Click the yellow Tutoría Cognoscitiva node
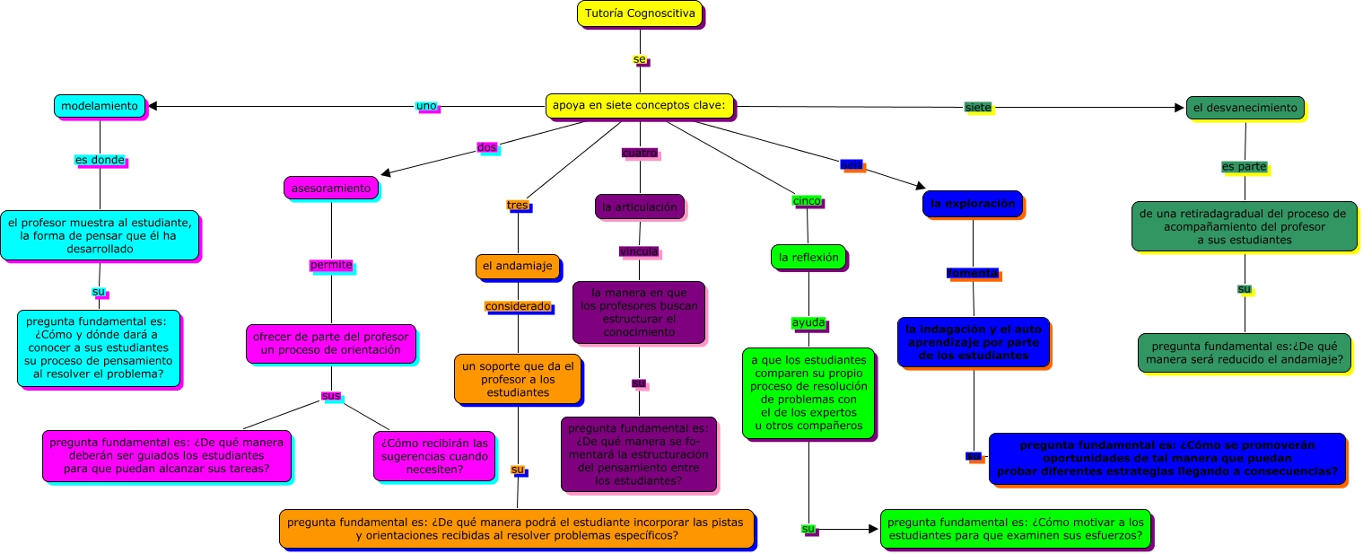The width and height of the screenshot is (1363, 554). [x=639, y=14]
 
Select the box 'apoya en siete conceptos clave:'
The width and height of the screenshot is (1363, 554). [x=640, y=106]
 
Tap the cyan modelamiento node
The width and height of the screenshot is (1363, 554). [x=99, y=106]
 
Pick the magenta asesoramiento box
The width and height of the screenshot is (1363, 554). [x=330, y=188]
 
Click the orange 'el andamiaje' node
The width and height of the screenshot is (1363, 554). [x=517, y=267]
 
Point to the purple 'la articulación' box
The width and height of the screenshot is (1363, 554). [x=639, y=207]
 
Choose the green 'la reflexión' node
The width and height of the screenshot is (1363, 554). [x=808, y=257]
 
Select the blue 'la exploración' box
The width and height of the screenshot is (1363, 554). [x=972, y=204]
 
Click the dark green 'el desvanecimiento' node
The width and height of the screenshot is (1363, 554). [x=1245, y=108]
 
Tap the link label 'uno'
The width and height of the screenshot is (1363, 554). [x=426, y=106]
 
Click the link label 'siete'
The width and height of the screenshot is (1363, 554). [x=978, y=108]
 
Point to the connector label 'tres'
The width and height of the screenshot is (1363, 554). [x=518, y=206]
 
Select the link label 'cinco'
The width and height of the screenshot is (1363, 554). [x=807, y=201]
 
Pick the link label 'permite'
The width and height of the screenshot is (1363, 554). [x=331, y=265]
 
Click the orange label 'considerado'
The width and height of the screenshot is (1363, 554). [x=518, y=306]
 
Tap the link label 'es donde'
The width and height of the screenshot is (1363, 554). [x=100, y=160]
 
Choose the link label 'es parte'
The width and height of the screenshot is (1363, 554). [x=1244, y=167]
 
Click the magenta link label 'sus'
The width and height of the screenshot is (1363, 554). [x=330, y=396]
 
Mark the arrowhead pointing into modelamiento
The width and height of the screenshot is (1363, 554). [x=153, y=106]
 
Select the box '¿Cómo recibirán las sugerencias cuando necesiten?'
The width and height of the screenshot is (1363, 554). [x=434, y=455]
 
